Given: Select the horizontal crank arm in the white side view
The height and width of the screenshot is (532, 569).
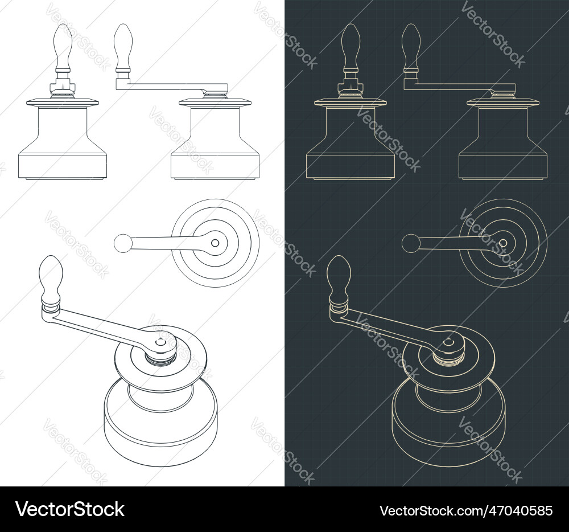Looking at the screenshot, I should [x=165, y=87].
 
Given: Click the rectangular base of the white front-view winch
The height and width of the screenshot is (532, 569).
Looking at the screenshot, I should [x=63, y=165].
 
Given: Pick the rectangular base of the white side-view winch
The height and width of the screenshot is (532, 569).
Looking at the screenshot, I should [x=215, y=165].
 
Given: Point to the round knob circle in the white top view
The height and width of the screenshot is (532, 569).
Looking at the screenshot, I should [x=122, y=243].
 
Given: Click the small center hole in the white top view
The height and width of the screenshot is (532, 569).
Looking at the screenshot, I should [x=215, y=243].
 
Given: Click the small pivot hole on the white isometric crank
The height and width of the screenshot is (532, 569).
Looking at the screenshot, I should [x=160, y=342].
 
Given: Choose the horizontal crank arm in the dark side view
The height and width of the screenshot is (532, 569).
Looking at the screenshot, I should [x=452, y=87].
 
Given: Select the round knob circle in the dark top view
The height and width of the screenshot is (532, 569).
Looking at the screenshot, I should [x=410, y=243].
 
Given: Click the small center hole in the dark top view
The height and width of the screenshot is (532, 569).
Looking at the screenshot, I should [x=503, y=243].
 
